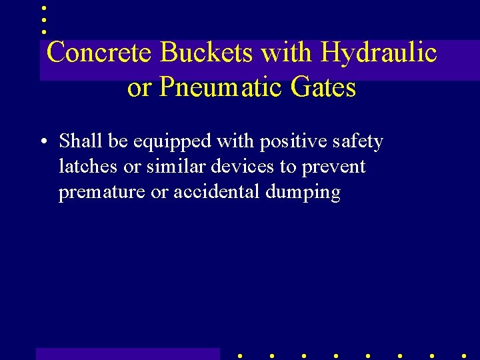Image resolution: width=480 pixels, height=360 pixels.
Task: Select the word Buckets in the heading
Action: pyautogui.click(x=207, y=53)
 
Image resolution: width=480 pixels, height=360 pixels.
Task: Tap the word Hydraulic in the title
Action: pyautogui.click(x=379, y=53)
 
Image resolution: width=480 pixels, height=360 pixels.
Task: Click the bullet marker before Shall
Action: pyautogui.click(x=43, y=142)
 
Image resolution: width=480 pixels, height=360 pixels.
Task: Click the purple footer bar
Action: pyautogui.click(x=127, y=353)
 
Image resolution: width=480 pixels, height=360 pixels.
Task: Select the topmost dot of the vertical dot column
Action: pyautogui.click(x=44, y=9)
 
